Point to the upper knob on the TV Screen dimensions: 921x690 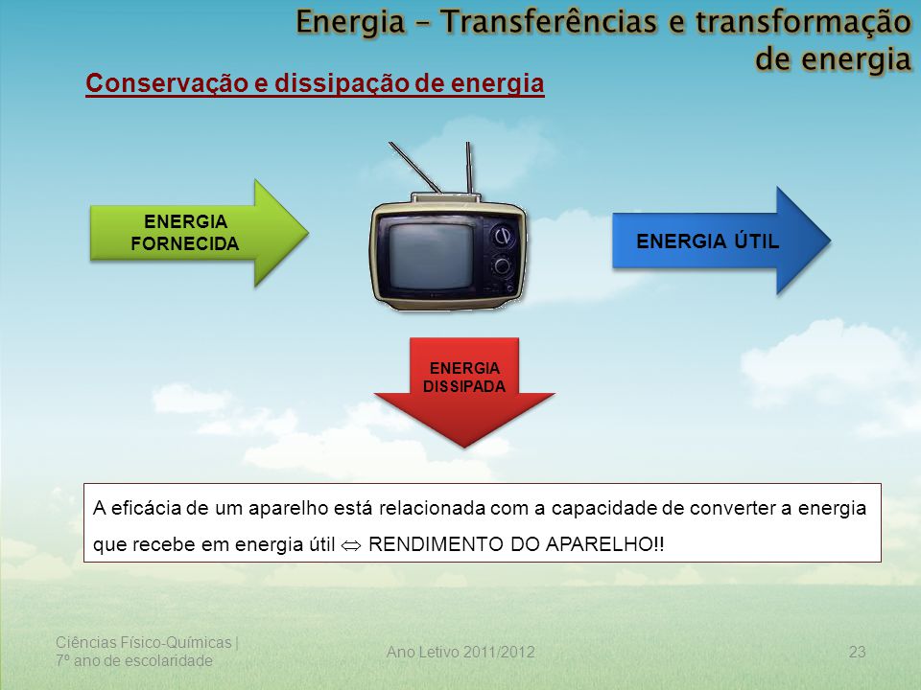click(502, 236)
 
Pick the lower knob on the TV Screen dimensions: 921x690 click(502, 265)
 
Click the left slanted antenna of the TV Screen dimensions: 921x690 click(414, 167)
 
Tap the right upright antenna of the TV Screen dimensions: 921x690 click(469, 167)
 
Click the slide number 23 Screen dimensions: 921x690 click(857, 652)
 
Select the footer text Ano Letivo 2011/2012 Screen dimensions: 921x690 click(460, 652)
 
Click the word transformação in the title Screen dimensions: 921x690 click(803, 22)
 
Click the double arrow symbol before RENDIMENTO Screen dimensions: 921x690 click(351, 545)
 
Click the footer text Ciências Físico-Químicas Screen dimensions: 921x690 click(143, 643)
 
